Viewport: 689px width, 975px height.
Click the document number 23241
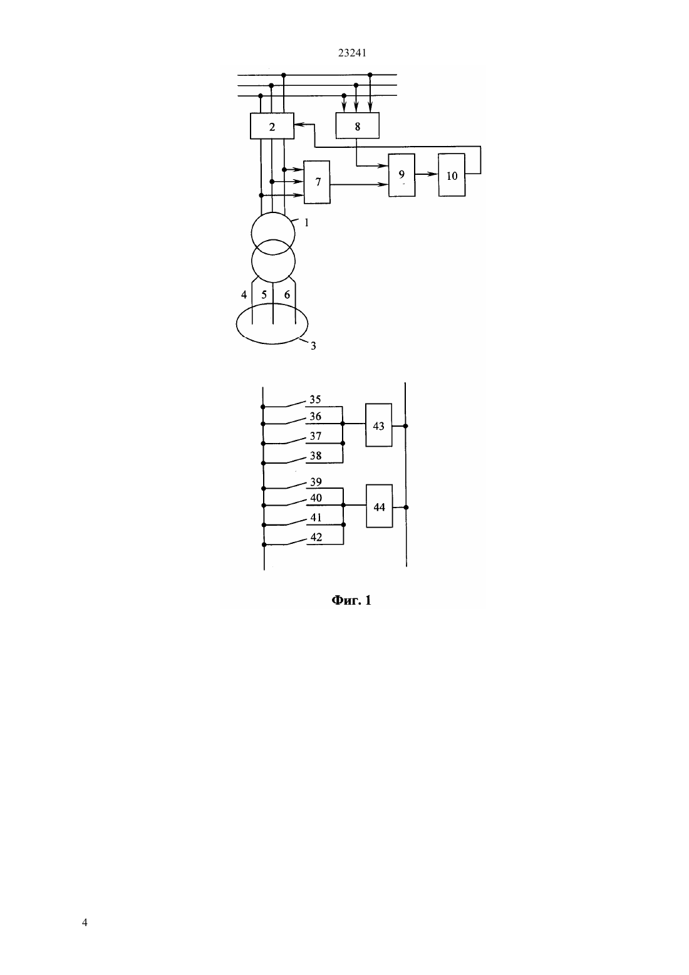(352, 53)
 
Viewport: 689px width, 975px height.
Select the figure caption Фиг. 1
(351, 601)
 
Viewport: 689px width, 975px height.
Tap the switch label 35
(315, 399)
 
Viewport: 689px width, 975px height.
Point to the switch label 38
(315, 456)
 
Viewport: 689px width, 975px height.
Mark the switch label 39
(316, 482)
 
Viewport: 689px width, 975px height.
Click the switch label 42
(316, 537)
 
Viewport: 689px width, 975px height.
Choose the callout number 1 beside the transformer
(306, 222)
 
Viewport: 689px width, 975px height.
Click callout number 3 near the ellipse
(313, 346)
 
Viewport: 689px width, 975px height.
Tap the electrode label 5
(264, 295)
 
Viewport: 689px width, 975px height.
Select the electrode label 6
(287, 295)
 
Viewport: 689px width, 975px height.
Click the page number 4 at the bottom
(85, 922)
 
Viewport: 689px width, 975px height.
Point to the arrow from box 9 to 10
(427, 174)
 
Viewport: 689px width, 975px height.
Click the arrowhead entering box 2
(299, 125)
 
